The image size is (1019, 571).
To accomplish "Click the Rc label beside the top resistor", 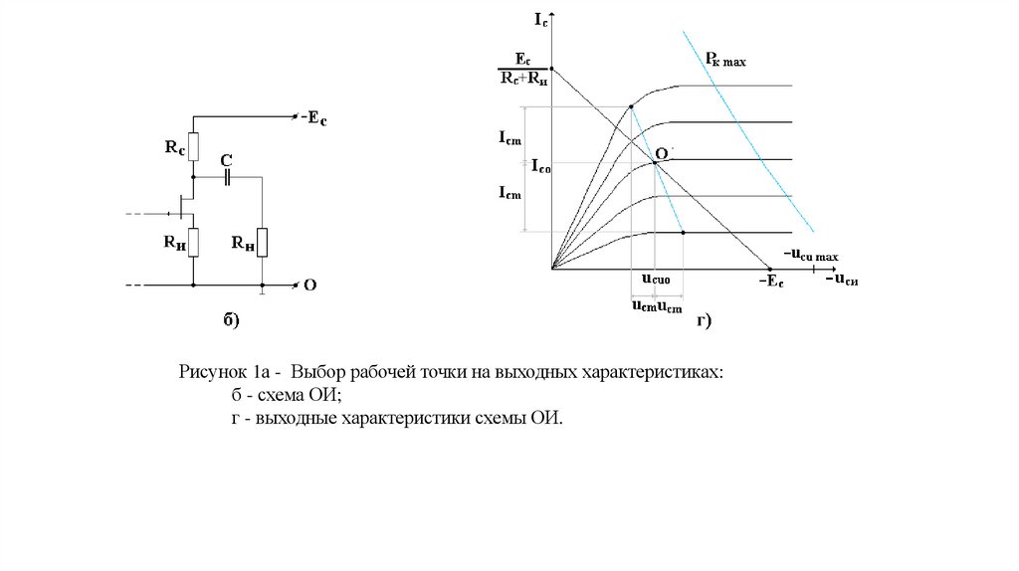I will tap(174, 148).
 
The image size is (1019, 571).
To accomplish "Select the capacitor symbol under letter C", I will tap(228, 178).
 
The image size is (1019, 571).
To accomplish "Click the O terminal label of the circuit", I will tap(309, 285).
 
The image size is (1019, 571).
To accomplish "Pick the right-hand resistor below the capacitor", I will tap(262, 241).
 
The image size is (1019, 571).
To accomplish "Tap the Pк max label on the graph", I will tap(725, 61).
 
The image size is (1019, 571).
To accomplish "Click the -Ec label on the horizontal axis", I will tap(771, 283).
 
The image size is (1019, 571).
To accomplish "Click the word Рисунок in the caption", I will tap(212, 373).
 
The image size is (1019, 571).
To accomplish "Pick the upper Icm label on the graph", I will tap(509, 140).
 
